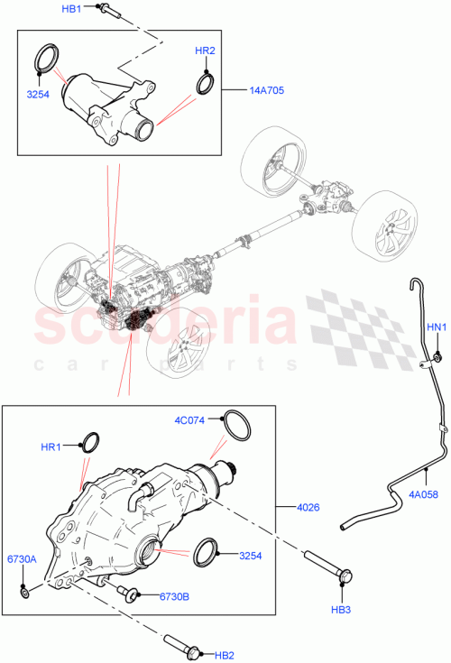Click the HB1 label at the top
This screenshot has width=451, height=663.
click(x=71, y=8)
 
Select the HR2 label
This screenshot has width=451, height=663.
click(x=205, y=51)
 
